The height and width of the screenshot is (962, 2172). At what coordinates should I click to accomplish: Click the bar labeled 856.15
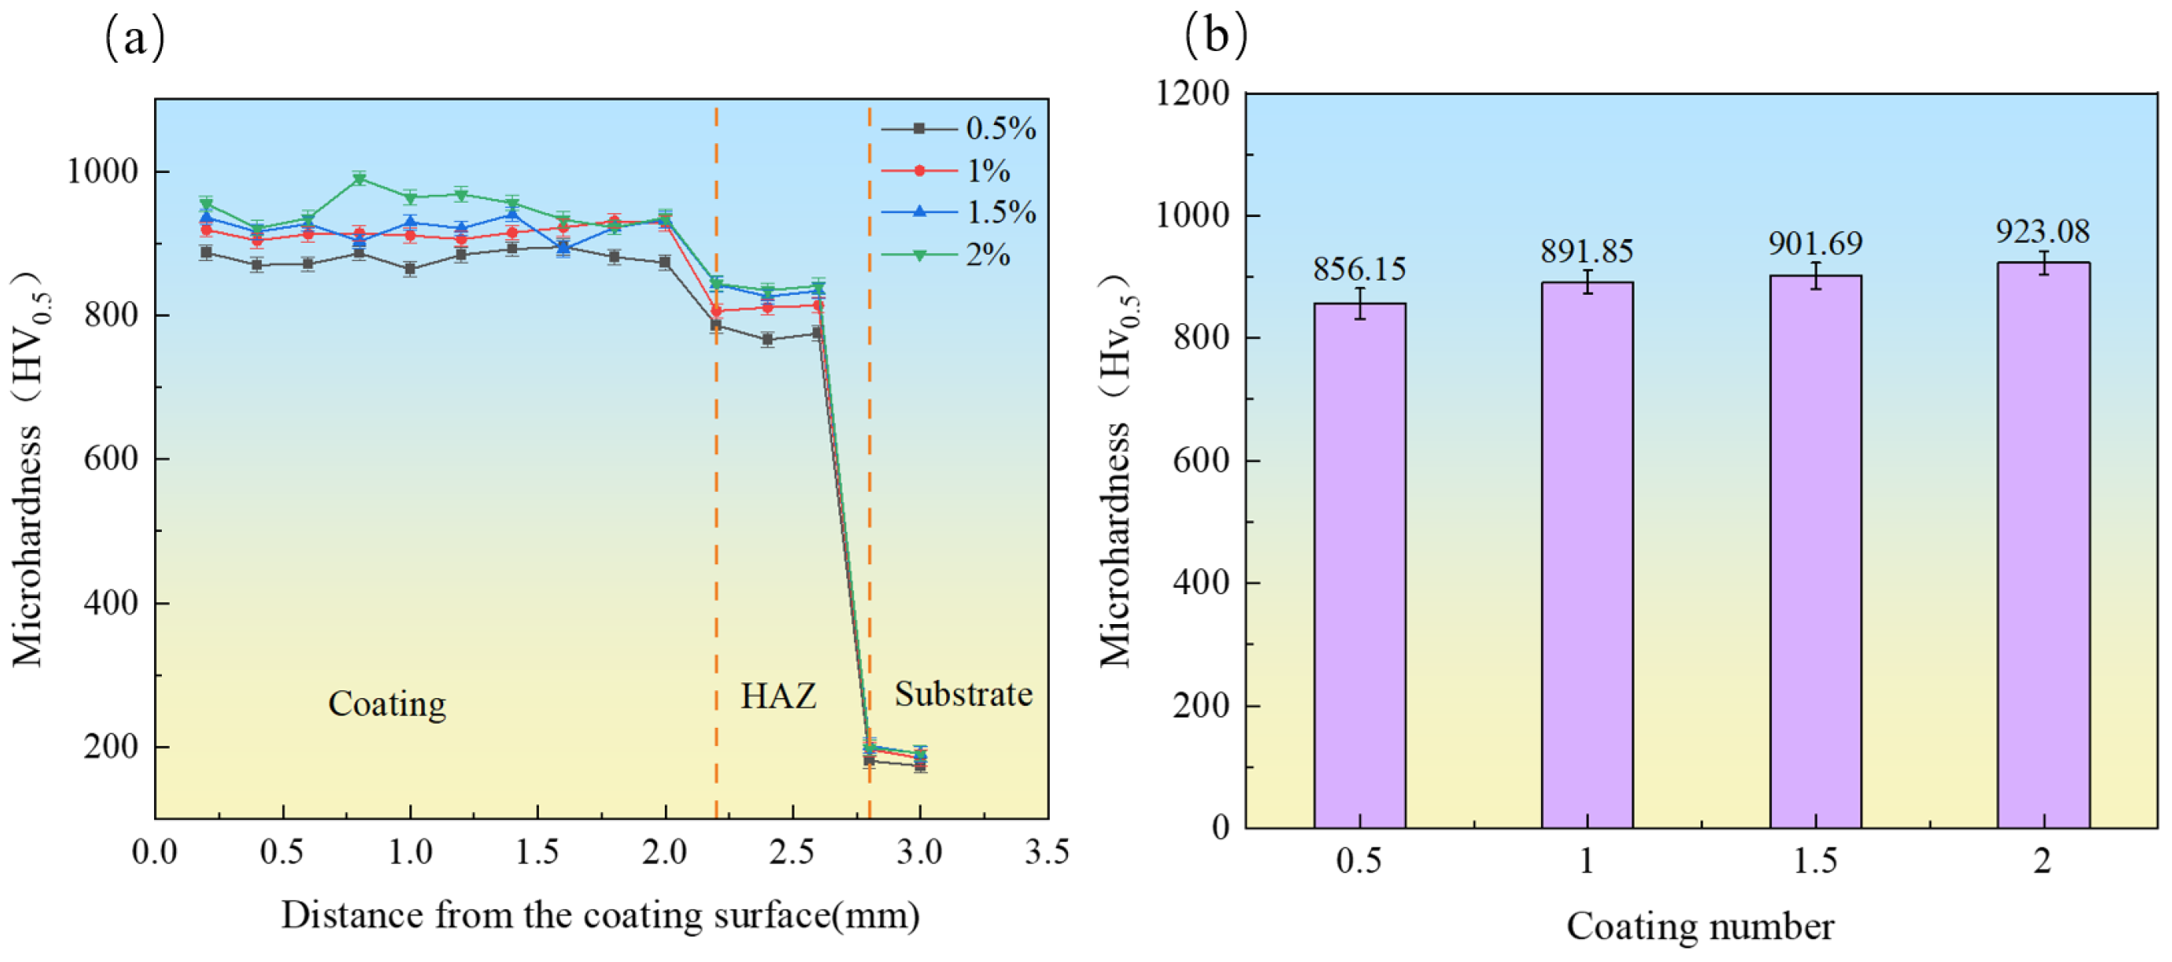tap(1359, 565)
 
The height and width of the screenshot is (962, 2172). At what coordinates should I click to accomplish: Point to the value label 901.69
tap(1814, 244)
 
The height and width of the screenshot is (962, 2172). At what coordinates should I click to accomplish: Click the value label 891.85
tap(1587, 252)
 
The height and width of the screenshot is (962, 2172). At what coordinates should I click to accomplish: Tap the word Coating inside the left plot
tap(387, 703)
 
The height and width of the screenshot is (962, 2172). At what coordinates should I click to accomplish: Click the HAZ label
tap(777, 696)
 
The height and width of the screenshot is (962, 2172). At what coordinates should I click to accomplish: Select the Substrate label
tap(963, 694)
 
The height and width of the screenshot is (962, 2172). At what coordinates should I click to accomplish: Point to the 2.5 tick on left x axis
tap(793, 853)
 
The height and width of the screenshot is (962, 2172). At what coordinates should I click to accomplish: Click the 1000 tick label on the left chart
tap(102, 171)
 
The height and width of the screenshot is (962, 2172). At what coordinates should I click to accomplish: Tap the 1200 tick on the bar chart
tap(1191, 93)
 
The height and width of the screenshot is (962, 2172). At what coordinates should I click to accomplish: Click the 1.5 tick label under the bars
tap(1814, 861)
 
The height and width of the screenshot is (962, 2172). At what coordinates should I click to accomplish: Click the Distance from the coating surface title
tap(600, 916)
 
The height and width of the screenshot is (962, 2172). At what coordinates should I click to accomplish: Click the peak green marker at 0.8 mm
tap(360, 178)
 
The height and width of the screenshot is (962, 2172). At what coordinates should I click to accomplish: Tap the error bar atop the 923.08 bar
tap(2042, 263)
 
